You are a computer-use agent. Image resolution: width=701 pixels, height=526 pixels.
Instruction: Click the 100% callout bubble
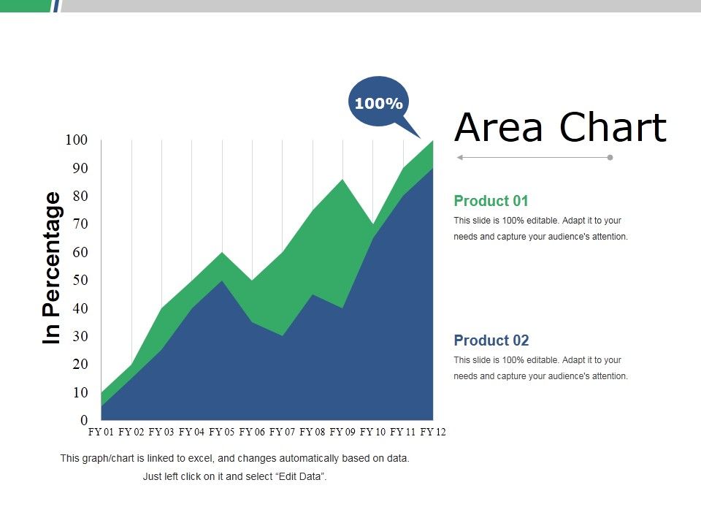point(378,104)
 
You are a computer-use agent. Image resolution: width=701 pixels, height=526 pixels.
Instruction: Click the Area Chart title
point(560,127)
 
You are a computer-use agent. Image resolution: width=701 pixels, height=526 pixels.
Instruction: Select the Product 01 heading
point(491,201)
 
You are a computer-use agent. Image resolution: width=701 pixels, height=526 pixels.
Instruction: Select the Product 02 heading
point(491,340)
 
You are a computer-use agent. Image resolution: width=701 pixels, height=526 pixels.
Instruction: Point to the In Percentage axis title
point(52,267)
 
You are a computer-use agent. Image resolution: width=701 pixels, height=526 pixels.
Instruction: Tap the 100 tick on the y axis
point(76,140)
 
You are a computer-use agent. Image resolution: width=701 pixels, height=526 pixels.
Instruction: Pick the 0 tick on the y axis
point(83,421)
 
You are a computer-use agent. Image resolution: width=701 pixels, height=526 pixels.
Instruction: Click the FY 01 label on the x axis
point(101,432)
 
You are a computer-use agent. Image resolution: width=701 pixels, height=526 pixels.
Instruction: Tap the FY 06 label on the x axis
point(252,432)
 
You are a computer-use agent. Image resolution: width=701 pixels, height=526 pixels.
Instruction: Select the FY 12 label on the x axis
point(433,432)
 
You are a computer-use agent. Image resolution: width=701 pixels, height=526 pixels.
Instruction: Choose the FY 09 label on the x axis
point(342,432)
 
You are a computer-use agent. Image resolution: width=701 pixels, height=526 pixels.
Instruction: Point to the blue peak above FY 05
point(222,281)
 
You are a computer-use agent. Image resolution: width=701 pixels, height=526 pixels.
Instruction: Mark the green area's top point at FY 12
point(433,141)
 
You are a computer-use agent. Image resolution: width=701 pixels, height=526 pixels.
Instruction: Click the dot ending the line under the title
point(610,157)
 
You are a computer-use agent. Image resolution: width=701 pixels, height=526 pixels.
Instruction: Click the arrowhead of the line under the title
point(459,157)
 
